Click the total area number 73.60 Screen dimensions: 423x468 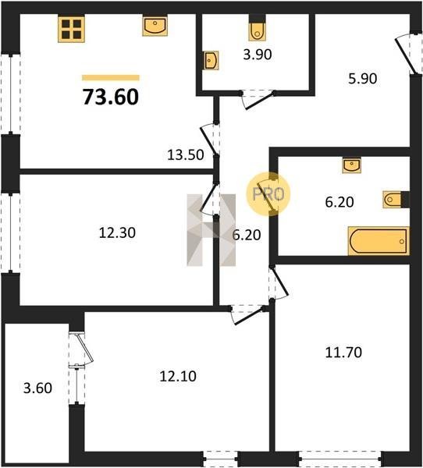point(111,97)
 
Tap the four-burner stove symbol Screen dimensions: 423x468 point(71,29)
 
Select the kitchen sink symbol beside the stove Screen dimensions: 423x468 point(155,27)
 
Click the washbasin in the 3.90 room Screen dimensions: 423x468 point(211,60)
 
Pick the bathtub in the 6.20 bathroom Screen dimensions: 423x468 point(379,241)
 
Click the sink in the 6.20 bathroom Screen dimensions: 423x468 point(352,166)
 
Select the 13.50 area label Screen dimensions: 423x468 point(186,155)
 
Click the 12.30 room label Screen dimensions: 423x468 point(117,232)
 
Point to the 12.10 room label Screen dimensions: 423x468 point(178,377)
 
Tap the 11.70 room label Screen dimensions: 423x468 point(343,353)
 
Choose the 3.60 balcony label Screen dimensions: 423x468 point(37,388)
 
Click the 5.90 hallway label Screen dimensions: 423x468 point(363,79)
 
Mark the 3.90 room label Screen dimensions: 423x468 point(258,55)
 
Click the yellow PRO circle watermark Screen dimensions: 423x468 point(268,194)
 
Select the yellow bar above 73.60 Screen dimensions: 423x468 point(111,78)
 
